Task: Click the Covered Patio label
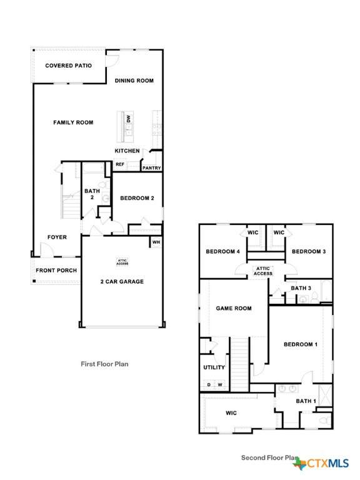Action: click(69, 66)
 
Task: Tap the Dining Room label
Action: click(134, 81)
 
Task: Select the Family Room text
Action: click(73, 122)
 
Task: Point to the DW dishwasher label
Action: click(129, 119)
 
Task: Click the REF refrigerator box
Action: click(120, 165)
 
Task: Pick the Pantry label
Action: click(151, 168)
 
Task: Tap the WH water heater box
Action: click(156, 242)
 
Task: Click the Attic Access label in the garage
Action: click(122, 262)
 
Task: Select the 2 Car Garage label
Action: click(122, 282)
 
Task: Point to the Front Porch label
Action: click(56, 270)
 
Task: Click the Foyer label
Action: click(57, 237)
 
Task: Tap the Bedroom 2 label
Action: click(137, 198)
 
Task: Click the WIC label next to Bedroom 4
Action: click(253, 232)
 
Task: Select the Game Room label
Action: click(234, 308)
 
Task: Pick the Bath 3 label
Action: click(301, 288)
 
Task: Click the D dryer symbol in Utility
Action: click(209, 384)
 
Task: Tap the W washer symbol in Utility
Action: click(220, 384)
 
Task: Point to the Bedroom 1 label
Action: click(301, 344)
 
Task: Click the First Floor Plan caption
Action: click(104, 364)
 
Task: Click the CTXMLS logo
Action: click(321, 464)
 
